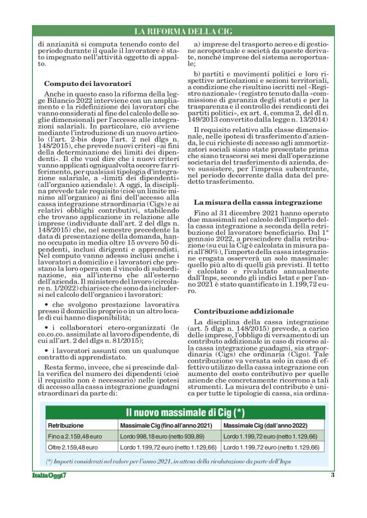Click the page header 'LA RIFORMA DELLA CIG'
click(x=183, y=31)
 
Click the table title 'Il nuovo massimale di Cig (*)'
click(x=184, y=414)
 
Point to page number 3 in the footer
click(x=333, y=474)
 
